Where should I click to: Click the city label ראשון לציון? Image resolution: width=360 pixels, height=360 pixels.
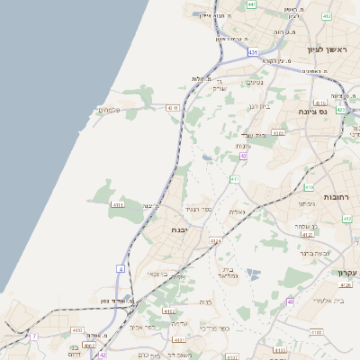(327, 50)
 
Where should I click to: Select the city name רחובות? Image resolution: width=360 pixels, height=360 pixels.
(341, 196)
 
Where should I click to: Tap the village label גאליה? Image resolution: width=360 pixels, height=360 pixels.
(237, 211)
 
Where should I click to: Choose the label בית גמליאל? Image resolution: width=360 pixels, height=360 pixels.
(229, 274)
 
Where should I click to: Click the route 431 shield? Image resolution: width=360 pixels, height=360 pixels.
(253, 53)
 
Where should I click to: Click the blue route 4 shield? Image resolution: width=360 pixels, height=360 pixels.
(120, 268)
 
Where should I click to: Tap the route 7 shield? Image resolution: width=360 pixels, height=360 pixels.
(35, 336)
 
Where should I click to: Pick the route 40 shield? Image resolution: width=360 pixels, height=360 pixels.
(291, 301)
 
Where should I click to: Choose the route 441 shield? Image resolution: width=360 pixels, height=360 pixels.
(251, 4)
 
